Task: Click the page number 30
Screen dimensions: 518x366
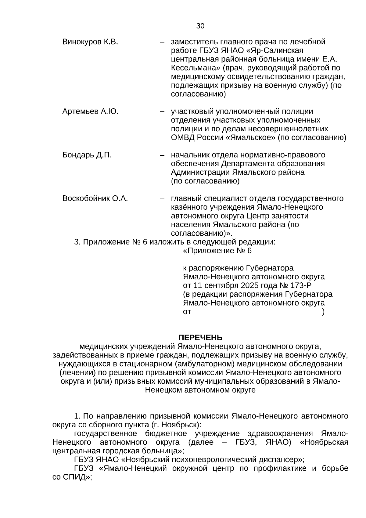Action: pyautogui.click(x=200, y=26)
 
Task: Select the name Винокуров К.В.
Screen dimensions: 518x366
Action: pyautogui.click(x=90, y=42)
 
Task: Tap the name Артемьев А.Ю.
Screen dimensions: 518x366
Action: pyautogui.click(x=90, y=111)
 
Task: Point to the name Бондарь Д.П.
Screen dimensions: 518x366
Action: pyautogui.click(x=87, y=155)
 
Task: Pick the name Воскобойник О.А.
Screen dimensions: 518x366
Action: pyautogui.click(x=95, y=199)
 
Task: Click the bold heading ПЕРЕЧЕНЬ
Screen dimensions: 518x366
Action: pyautogui.click(x=200, y=338)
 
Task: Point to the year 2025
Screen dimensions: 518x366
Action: pyautogui.click(x=250, y=286)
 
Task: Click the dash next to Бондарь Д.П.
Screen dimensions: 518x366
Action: pyautogui.click(x=162, y=155)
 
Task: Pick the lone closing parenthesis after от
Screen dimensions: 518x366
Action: pyautogui.click(x=323, y=312)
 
